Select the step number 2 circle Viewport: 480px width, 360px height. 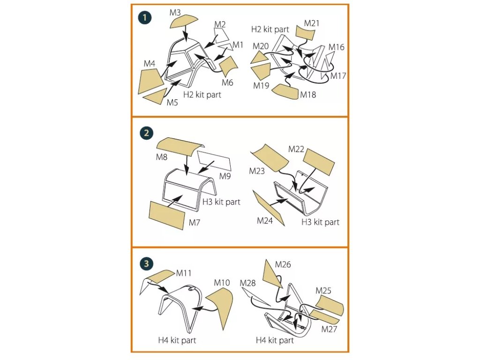pos(146,133)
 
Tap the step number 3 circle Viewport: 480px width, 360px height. pos(146,263)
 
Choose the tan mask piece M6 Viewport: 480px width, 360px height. pos(228,66)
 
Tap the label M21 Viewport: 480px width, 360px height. pos(312,23)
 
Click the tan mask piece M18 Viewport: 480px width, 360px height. pos(285,91)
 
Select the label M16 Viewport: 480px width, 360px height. pos(336,47)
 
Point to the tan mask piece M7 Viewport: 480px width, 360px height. pos(166,215)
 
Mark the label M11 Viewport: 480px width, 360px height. pos(184,272)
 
